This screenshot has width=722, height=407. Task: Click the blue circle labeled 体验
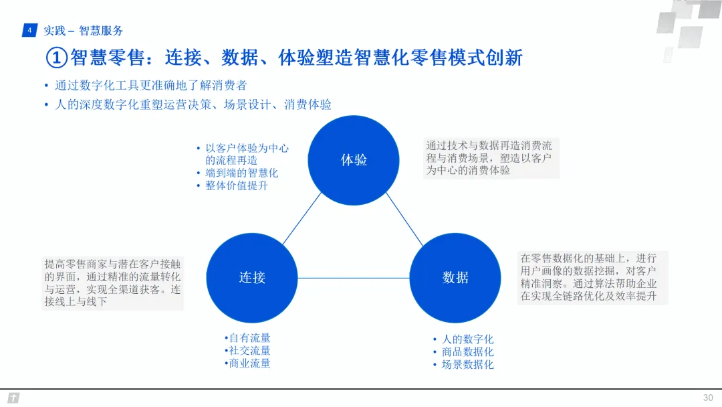click(x=354, y=159)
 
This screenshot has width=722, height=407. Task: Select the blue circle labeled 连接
click(x=252, y=277)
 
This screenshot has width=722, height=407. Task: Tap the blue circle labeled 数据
click(x=455, y=277)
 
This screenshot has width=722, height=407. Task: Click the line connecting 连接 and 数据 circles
click(x=354, y=278)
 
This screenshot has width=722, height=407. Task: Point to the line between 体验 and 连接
click(x=302, y=218)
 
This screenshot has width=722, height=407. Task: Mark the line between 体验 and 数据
click(x=405, y=218)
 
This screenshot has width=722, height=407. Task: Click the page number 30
click(x=708, y=397)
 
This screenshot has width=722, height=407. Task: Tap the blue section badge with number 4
click(x=29, y=30)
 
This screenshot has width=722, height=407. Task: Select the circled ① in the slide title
click(x=57, y=58)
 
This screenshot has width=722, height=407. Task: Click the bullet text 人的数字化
click(x=467, y=339)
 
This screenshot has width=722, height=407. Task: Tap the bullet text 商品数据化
click(x=467, y=352)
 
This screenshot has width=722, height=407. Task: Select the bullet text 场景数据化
click(x=467, y=365)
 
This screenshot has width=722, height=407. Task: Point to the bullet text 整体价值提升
click(x=237, y=185)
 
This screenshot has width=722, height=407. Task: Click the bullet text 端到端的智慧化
click(x=241, y=173)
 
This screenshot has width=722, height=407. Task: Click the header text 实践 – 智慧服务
click(x=84, y=31)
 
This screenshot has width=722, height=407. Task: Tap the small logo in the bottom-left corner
click(x=13, y=398)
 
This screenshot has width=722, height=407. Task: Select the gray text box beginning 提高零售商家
click(x=112, y=282)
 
